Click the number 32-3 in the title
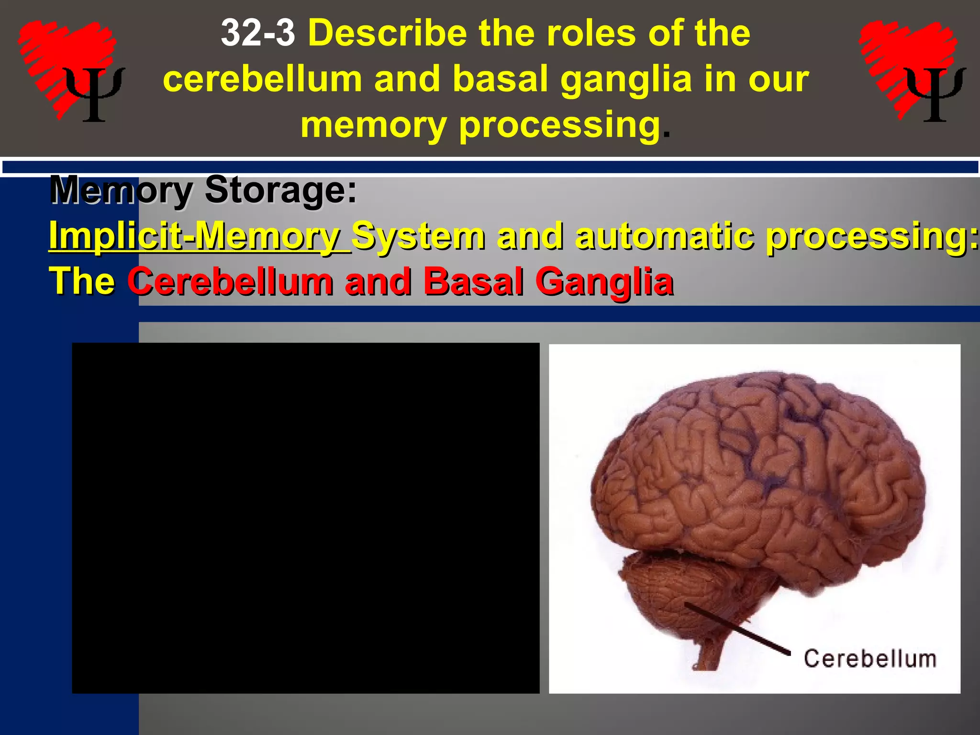coord(258,33)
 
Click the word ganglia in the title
coord(626,80)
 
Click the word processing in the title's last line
coord(559,125)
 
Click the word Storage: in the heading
coord(280,190)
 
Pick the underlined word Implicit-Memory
coord(200,235)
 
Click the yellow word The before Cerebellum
coord(82,281)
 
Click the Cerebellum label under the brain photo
coord(869,659)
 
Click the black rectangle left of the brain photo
coord(305,518)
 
